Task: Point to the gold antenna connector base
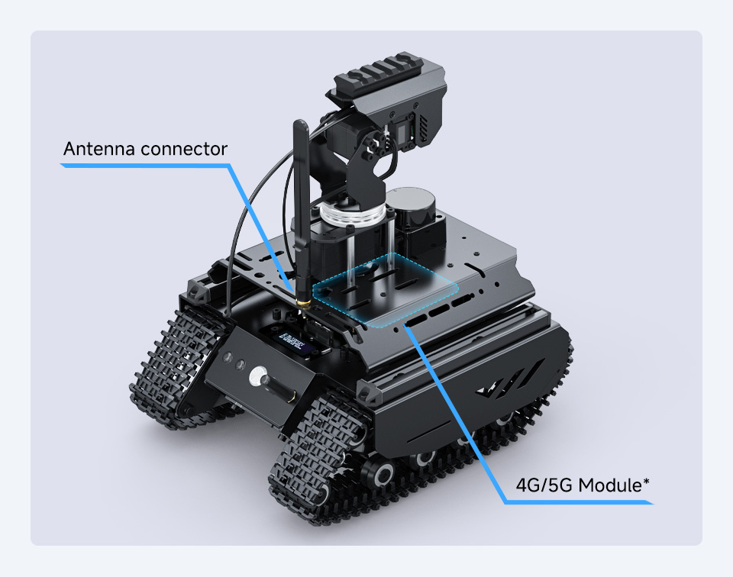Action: [302, 305]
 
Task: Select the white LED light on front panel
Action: [257, 376]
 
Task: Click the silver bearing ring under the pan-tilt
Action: [347, 214]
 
